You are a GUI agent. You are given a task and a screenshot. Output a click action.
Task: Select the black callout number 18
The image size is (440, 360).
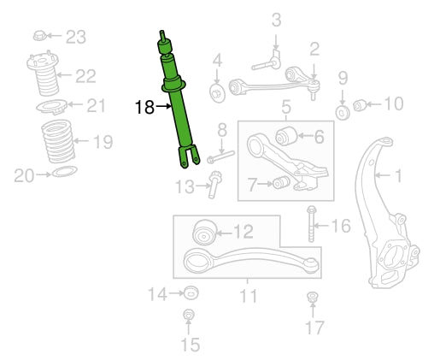(144, 108)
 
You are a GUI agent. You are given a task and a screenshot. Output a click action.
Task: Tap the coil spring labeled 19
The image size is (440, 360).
(58, 141)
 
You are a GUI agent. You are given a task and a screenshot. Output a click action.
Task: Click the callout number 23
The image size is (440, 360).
(76, 37)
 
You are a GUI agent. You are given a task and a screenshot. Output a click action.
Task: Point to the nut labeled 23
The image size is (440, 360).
(40, 36)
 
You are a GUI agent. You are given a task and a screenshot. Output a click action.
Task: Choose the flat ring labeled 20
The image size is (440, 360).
(65, 171)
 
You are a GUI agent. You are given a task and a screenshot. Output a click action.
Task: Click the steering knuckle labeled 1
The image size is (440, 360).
(385, 214)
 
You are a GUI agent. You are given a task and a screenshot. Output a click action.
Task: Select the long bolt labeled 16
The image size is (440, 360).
(311, 224)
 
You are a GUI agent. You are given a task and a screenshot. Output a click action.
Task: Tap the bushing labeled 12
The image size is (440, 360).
(205, 232)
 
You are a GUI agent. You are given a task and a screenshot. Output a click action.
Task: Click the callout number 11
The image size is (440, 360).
(249, 296)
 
